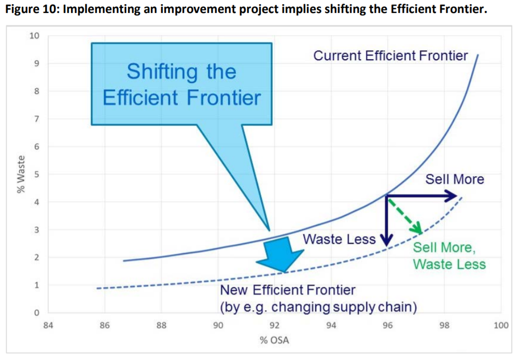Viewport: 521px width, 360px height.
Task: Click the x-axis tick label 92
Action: (275, 326)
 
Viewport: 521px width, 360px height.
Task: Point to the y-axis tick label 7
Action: (35, 119)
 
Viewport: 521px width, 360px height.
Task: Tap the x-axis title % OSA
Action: (275, 340)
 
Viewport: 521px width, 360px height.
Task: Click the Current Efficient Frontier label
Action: (390, 56)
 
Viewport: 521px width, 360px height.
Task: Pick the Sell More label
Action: (455, 179)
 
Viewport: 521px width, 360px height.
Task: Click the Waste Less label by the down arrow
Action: (339, 239)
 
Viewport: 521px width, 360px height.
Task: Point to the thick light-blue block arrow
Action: (280, 254)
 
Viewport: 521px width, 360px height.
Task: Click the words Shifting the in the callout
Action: (181, 72)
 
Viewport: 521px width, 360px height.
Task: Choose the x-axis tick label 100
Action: (500, 326)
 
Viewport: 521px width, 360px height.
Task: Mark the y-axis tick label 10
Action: (34, 36)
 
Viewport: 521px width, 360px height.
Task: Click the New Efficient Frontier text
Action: (288, 289)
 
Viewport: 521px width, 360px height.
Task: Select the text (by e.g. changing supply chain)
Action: (319, 307)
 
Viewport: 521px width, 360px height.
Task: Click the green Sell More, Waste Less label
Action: (449, 256)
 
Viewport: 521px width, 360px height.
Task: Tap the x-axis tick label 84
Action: (48, 326)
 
